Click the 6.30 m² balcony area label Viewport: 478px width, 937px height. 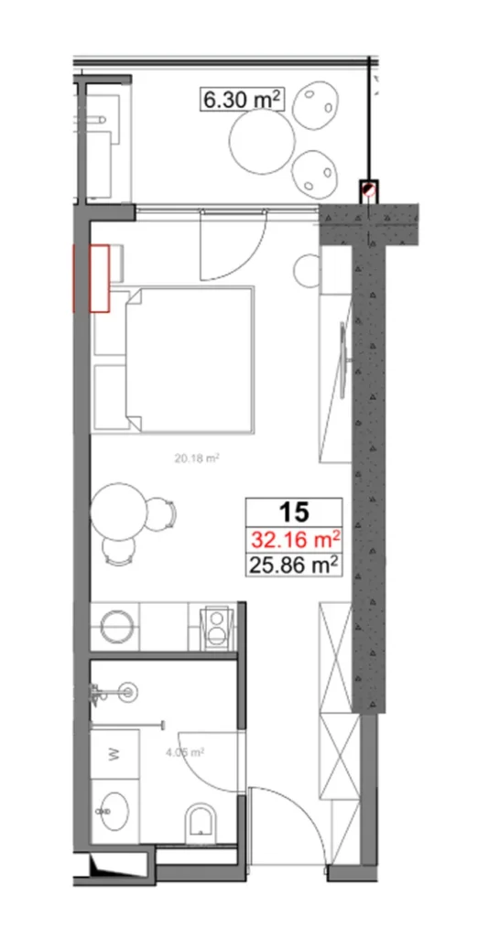click(241, 99)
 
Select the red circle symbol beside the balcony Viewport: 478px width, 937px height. click(368, 189)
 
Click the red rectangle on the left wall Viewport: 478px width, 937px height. click(99, 277)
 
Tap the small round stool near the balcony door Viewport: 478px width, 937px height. click(306, 271)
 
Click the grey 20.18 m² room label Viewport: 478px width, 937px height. click(195, 458)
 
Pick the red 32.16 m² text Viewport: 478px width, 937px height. click(295, 539)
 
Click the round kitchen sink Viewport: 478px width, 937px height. click(118, 628)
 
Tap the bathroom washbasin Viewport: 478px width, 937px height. click(116, 811)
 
